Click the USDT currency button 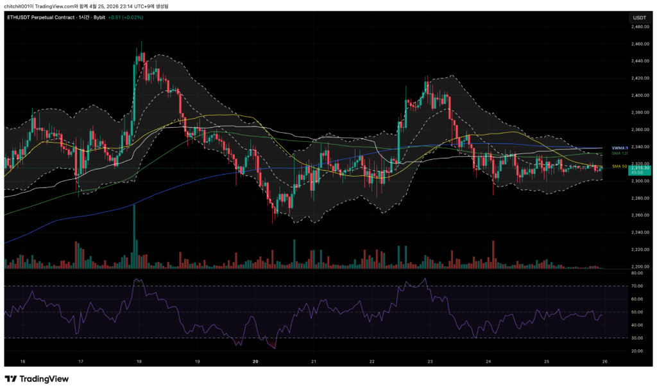639,17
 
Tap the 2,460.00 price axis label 639,44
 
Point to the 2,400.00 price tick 639,95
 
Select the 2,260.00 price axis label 639,215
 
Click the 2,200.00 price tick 639,266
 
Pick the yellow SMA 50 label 619,166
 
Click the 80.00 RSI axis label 637,273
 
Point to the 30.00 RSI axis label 637,338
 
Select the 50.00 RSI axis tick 637,312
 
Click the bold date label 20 255,362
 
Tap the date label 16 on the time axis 22,362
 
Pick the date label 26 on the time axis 604,362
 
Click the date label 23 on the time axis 430,362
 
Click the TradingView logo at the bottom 37,379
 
